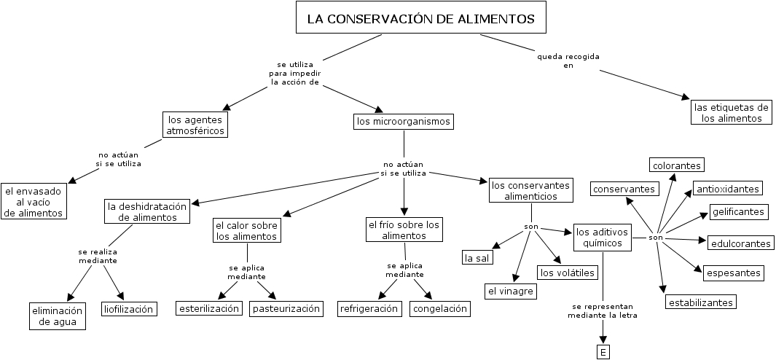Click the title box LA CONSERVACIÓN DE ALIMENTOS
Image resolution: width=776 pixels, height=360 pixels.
click(x=420, y=18)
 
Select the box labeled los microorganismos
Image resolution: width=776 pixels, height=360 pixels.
click(x=403, y=121)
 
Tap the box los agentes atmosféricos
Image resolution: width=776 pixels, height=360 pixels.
click(x=195, y=125)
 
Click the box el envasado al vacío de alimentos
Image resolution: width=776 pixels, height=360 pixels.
click(x=33, y=201)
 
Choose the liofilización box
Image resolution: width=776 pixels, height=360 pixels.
click(x=128, y=309)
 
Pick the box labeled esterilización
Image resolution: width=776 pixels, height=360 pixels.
click(x=209, y=308)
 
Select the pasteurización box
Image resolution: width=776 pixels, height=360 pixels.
click(x=286, y=308)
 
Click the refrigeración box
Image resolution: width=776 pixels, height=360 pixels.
click(x=369, y=308)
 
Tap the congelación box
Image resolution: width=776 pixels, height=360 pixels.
click(x=439, y=308)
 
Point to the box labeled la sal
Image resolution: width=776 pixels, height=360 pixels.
click(x=477, y=257)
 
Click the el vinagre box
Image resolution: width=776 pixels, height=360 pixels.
click(x=511, y=291)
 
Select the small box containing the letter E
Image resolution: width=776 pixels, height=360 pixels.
click(x=603, y=353)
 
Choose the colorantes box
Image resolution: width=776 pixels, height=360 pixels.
click(x=677, y=165)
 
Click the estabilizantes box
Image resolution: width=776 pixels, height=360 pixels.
click(x=700, y=301)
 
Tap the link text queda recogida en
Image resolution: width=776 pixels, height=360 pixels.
click(x=568, y=60)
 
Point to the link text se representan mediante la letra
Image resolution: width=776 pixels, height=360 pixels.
click(x=603, y=311)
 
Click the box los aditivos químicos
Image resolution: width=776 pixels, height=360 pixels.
click(x=602, y=238)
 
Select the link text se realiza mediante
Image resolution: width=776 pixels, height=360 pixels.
click(x=98, y=256)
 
